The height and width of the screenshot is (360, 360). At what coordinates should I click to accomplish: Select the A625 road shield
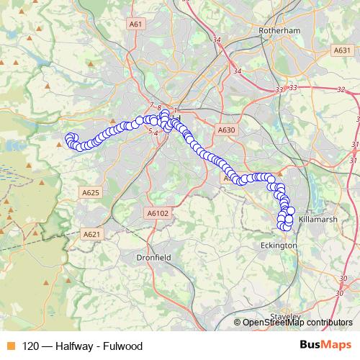point(91,193)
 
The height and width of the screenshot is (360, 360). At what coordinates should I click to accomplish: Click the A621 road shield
point(91,235)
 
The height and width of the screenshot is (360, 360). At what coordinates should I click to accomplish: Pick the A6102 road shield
point(157,213)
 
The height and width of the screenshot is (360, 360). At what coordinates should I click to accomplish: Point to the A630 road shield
point(226,130)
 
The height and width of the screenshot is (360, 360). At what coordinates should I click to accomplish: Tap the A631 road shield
point(342,50)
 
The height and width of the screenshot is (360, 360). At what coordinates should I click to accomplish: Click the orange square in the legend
point(10,346)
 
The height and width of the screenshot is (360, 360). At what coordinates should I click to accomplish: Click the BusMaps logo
point(325,346)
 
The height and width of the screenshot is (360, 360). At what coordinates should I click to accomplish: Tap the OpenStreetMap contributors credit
point(297,323)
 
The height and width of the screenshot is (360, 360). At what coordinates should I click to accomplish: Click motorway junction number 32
point(340,90)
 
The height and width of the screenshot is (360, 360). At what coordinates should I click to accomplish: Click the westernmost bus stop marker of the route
point(69,138)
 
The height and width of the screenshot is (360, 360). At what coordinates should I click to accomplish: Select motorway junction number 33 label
point(279,90)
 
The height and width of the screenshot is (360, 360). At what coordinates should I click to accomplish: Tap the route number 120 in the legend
point(32,346)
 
